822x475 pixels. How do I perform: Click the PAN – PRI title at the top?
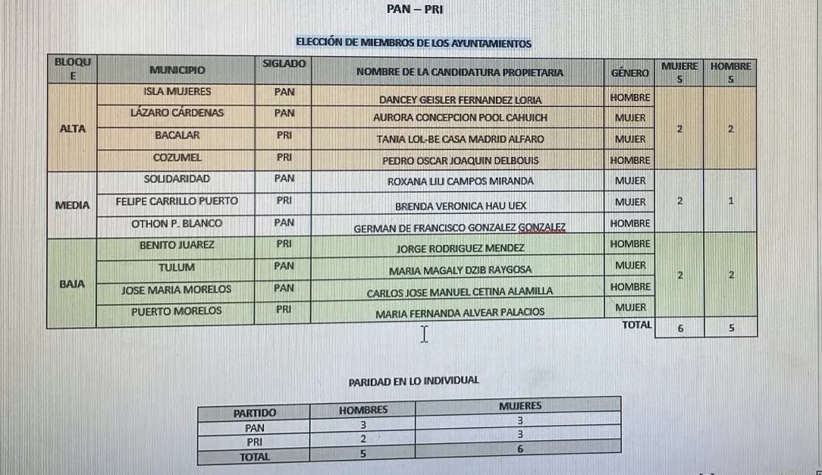(415, 11)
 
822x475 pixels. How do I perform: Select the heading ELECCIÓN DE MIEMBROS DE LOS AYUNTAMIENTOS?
(413, 43)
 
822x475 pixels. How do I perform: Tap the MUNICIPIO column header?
(177, 71)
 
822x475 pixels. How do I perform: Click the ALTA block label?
(73, 128)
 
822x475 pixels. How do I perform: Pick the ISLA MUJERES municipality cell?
(177, 92)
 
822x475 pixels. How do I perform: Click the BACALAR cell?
(177, 135)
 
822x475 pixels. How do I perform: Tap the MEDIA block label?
(73, 205)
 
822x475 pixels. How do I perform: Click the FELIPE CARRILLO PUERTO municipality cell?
(177, 201)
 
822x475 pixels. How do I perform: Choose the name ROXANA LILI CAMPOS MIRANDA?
(460, 181)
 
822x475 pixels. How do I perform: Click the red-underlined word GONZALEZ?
(541, 228)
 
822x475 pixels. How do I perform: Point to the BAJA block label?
(73, 285)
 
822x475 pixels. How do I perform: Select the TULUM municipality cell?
(177, 267)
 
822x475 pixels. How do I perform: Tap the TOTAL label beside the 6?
(635, 325)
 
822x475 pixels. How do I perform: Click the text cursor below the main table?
(424, 334)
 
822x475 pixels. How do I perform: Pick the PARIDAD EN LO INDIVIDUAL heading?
(413, 381)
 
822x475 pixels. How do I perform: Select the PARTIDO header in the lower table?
(255, 414)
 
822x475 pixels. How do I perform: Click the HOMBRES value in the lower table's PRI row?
(363, 439)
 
